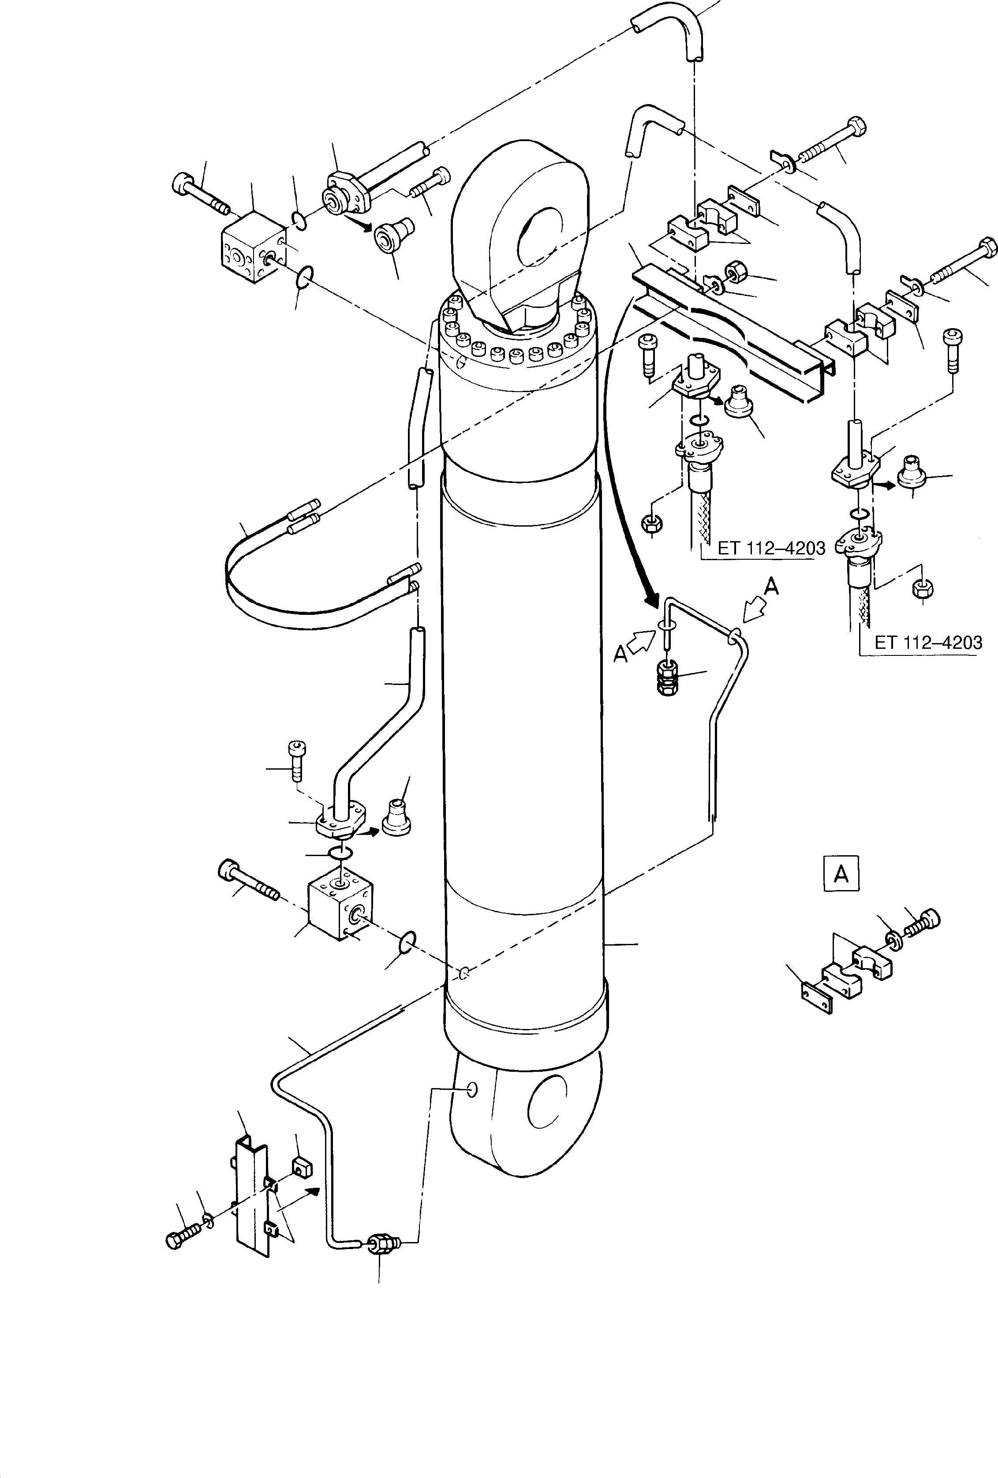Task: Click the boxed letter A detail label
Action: [x=841, y=875]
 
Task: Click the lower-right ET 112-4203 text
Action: [x=928, y=642]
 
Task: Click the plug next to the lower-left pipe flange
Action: [x=397, y=821]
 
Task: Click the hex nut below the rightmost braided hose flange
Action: [x=922, y=589]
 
